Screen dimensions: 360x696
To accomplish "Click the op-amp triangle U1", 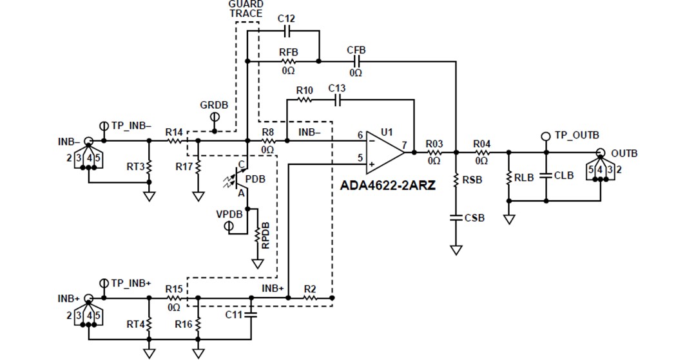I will tap(384, 153).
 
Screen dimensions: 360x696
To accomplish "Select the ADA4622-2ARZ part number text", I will tap(388, 185).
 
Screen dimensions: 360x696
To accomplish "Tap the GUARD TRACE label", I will tap(246, 8).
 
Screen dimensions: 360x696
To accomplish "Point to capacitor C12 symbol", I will tap(287, 30).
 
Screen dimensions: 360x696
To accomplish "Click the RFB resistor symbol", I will tap(287, 62).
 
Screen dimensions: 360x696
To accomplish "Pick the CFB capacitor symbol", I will tap(356, 62).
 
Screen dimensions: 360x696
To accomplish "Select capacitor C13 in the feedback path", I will tap(336, 100).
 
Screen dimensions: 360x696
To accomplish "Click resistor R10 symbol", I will tap(304, 100).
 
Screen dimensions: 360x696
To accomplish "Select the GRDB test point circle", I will tap(215, 117).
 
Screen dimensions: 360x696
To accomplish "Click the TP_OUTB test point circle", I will tap(546, 136).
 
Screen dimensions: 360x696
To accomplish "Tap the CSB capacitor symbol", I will tap(456, 218).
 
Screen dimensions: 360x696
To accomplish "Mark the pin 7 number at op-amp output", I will tap(405, 146).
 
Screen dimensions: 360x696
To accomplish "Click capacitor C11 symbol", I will tap(251, 315).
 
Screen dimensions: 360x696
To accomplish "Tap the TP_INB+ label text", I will tap(131, 283).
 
